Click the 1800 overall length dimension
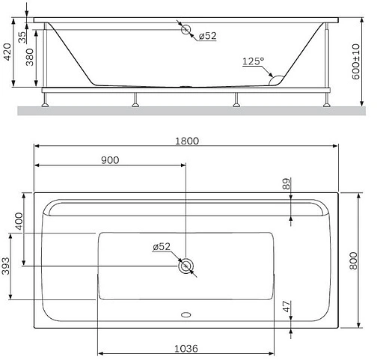[x=186, y=140]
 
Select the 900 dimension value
[x=110, y=159]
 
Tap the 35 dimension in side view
[x=22, y=35]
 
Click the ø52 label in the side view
[x=207, y=36]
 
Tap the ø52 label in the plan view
[x=161, y=246]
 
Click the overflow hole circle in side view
[x=186, y=31]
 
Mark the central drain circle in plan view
[x=186, y=265]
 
